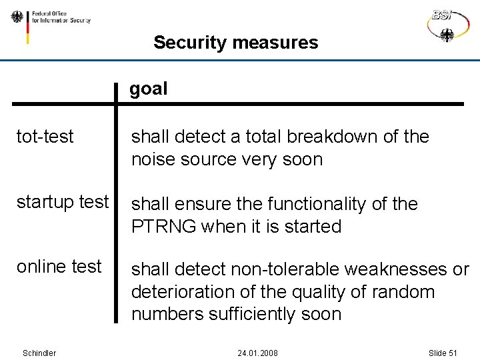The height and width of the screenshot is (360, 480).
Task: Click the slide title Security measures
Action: pos(235,43)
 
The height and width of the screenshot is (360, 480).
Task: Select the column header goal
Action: pos(148,89)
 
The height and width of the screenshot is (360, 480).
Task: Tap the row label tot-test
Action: pos(45,137)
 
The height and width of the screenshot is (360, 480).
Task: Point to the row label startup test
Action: pos(62,201)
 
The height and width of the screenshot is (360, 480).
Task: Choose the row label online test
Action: pos(59,267)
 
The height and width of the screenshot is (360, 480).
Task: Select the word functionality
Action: pos(325,204)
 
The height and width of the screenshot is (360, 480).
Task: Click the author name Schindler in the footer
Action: pos(39,353)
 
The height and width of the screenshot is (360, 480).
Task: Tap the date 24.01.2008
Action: pos(257,353)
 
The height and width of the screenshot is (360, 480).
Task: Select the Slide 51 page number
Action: pos(442,353)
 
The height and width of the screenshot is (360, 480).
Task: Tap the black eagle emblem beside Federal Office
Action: pos(17,17)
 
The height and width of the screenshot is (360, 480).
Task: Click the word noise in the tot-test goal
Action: pos(153,159)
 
